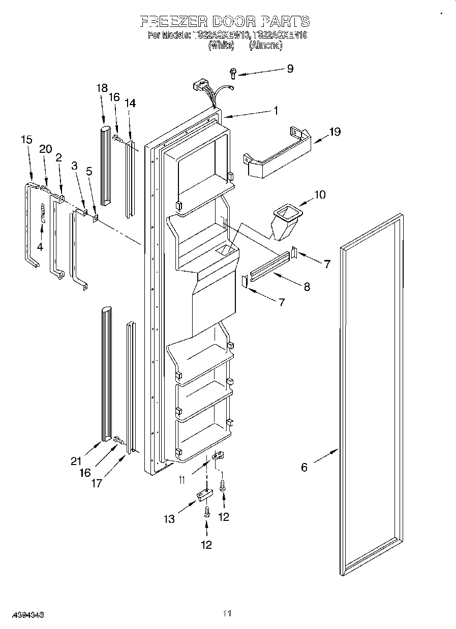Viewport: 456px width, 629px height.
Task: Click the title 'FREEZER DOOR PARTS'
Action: point(224,21)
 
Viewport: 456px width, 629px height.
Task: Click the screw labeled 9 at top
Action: point(233,74)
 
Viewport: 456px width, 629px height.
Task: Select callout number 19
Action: point(335,132)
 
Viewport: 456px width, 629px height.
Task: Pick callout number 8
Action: point(307,286)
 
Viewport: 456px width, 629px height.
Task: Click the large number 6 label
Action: point(304,467)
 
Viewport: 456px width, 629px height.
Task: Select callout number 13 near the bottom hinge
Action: point(169,519)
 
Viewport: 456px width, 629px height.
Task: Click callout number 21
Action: point(76,461)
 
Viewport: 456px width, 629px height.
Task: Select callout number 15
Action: point(26,139)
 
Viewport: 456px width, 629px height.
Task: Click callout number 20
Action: point(46,149)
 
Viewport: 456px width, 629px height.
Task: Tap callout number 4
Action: point(40,247)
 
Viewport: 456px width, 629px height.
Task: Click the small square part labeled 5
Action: point(95,218)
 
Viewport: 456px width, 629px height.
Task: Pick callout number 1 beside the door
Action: point(275,110)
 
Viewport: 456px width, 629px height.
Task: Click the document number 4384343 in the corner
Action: point(22,615)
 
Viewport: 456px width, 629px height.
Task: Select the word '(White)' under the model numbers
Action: point(221,45)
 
